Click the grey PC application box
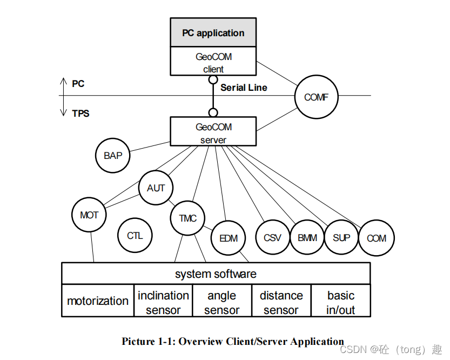click(x=213, y=33)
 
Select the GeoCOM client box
click(x=213, y=62)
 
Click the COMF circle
click(x=317, y=98)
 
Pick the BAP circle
click(x=113, y=156)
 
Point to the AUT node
click(x=156, y=188)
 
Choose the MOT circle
click(x=89, y=215)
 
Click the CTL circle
click(x=135, y=236)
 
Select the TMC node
click(x=187, y=218)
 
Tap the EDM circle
click(x=228, y=238)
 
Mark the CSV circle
click(x=272, y=238)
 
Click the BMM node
click(x=307, y=238)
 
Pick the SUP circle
click(x=341, y=238)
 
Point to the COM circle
click(x=377, y=238)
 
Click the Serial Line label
click(x=244, y=88)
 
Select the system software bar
click(x=216, y=274)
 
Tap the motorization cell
click(x=98, y=301)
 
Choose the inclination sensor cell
click(x=163, y=302)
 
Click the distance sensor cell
click(x=281, y=302)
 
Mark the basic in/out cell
click(x=341, y=302)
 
